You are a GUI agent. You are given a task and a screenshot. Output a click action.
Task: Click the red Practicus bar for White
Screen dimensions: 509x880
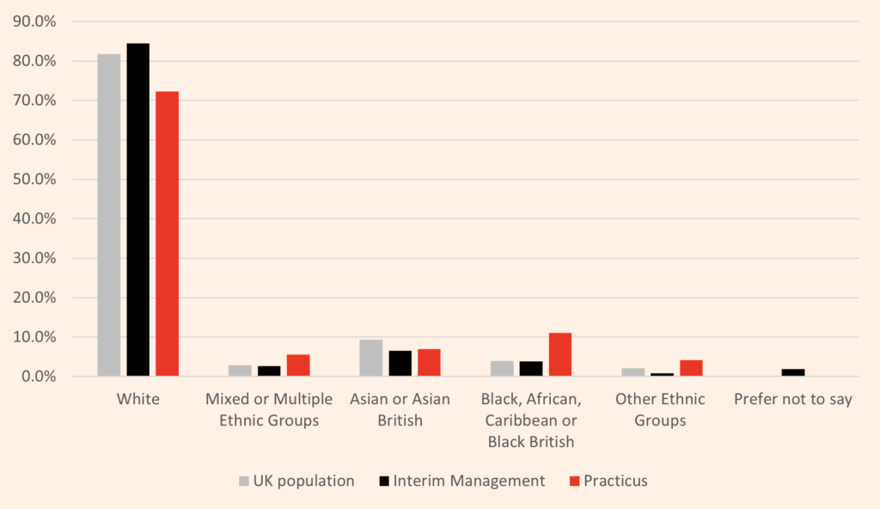click(x=167, y=234)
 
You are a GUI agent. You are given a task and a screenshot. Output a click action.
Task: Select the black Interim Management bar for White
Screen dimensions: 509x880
click(x=137, y=210)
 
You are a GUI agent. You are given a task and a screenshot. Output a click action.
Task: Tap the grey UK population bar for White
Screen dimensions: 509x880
click(x=108, y=215)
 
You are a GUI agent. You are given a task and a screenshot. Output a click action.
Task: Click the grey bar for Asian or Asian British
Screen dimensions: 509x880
click(x=370, y=359)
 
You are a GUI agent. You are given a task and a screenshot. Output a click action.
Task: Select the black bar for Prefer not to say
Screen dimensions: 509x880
click(x=793, y=372)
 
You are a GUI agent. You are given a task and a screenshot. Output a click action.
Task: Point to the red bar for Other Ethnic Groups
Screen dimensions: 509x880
click(x=691, y=368)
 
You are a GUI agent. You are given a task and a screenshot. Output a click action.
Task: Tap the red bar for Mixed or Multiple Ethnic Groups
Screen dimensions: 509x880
click(x=298, y=365)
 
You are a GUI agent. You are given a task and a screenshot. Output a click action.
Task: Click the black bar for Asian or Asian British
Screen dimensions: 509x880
click(x=400, y=364)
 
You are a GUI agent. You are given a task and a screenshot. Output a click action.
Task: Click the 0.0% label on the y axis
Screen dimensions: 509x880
click(x=40, y=377)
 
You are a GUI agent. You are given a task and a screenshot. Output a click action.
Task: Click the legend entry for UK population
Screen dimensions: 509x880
click(x=296, y=481)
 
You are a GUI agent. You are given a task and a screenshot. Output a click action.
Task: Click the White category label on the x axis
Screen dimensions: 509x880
click(x=137, y=400)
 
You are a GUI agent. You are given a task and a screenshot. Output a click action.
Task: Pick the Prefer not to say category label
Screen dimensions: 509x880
click(x=793, y=400)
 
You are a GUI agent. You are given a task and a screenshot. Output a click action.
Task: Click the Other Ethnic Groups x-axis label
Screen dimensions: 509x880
click(x=660, y=410)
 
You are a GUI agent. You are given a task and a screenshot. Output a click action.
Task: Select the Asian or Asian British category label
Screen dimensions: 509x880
click(x=400, y=410)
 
